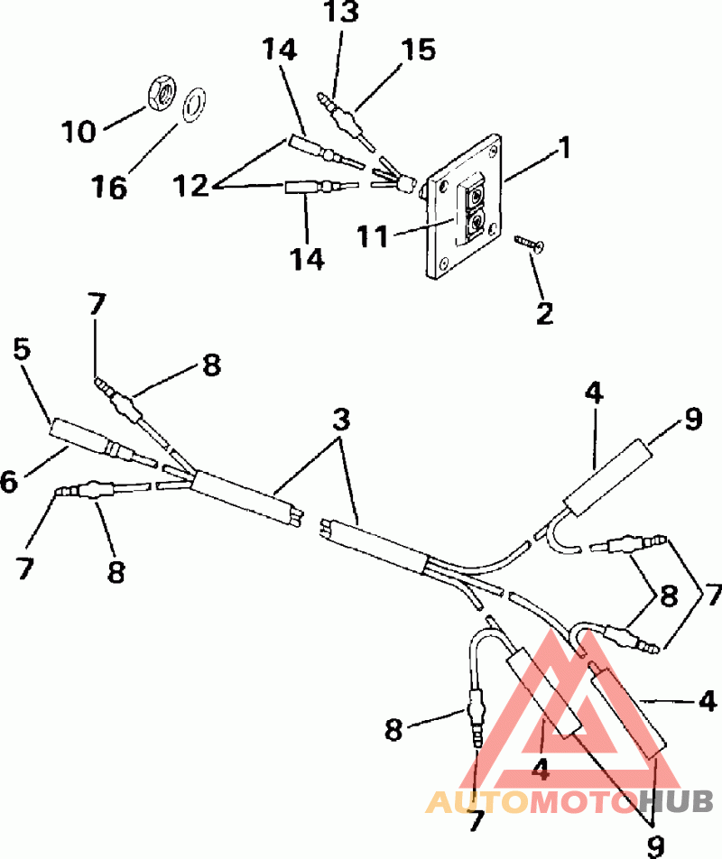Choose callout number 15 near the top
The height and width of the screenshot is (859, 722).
point(417,51)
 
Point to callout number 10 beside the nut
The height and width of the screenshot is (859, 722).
point(79,133)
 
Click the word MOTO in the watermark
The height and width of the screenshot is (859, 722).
point(581,800)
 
